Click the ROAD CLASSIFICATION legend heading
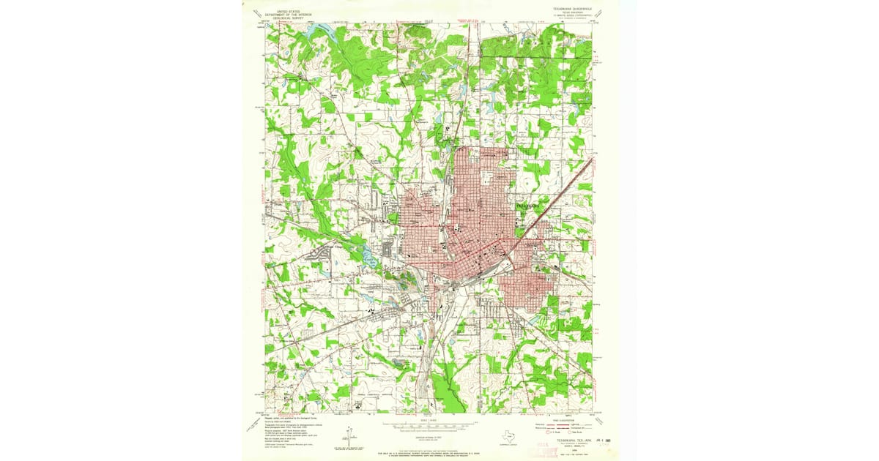(x=560, y=419)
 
